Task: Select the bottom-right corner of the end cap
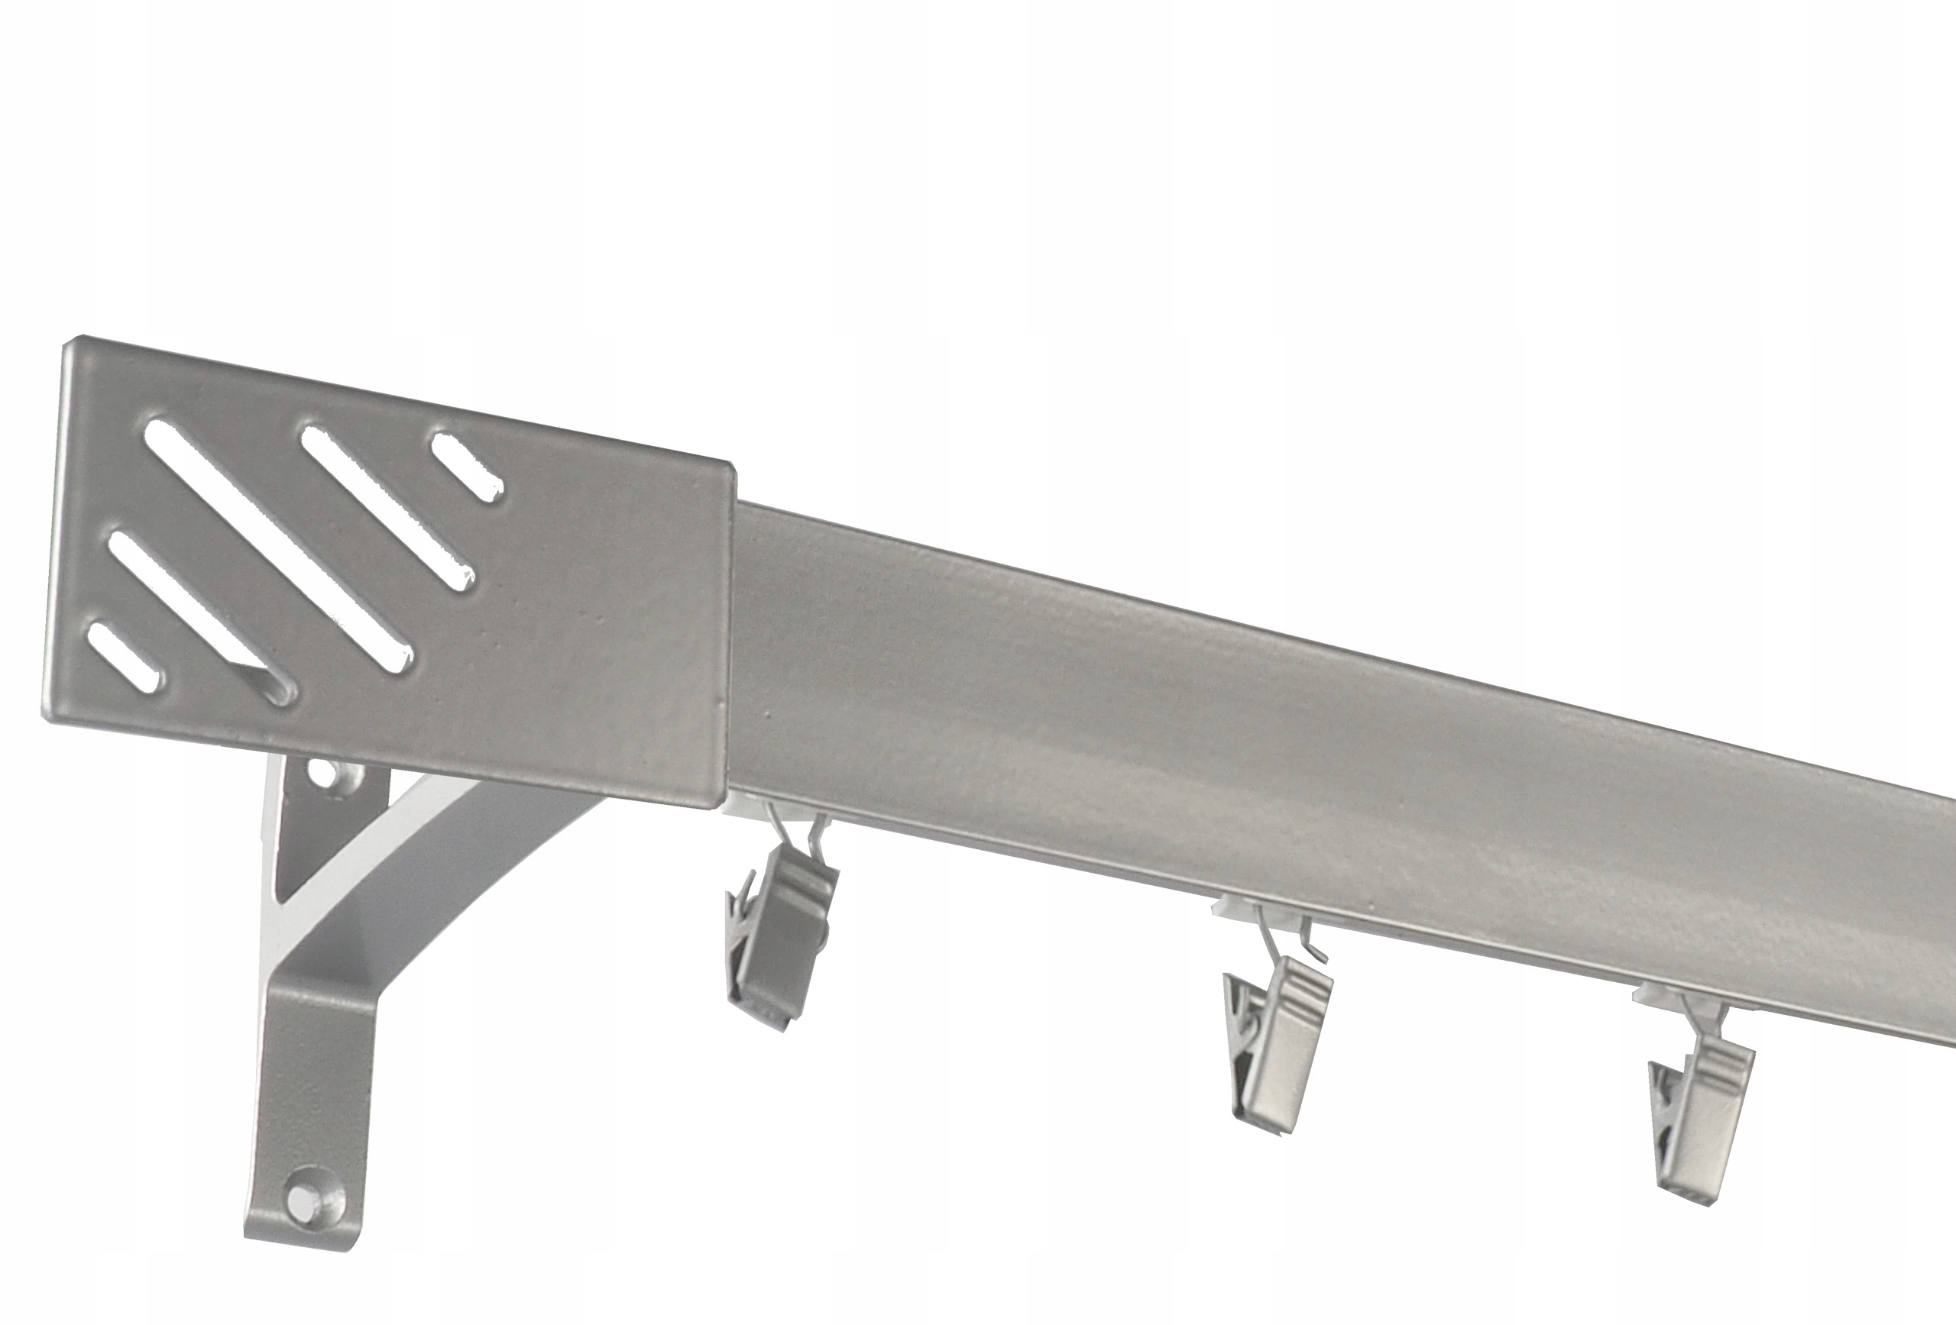click(x=726, y=806)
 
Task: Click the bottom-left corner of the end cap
click(x=47, y=717)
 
